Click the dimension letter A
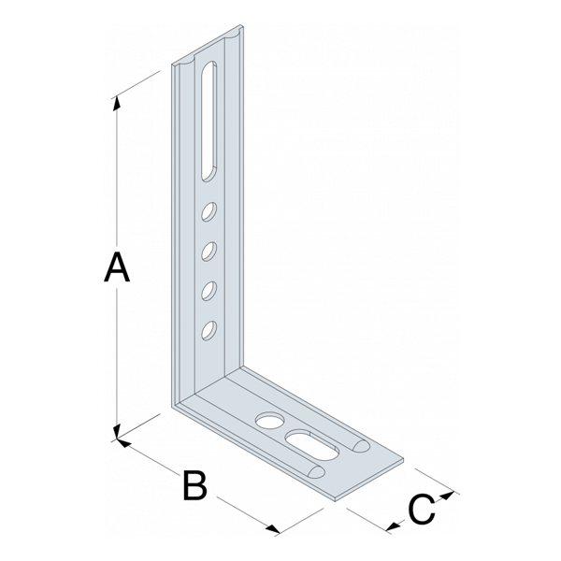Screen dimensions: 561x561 [x=117, y=266]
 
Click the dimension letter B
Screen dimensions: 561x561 [x=195, y=485]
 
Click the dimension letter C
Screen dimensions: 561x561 [x=422, y=510]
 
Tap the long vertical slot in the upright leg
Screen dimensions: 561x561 [x=209, y=121]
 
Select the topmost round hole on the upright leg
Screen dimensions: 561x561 [x=209, y=212]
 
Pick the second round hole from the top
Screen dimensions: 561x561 [x=209, y=252]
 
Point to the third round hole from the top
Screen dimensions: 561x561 [x=209, y=291]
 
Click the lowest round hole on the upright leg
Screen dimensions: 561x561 [x=209, y=330]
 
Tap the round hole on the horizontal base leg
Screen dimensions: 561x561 [x=270, y=421]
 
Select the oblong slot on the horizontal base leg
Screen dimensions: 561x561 [x=312, y=445]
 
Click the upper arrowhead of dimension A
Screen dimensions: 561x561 [x=117, y=104]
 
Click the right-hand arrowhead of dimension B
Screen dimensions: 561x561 [x=274, y=529]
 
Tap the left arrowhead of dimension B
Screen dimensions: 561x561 [x=123, y=443]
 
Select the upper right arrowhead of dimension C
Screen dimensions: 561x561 [x=447, y=496]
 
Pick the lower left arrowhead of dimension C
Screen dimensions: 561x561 [x=394, y=525]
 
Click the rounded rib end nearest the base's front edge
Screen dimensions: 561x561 [x=317, y=471]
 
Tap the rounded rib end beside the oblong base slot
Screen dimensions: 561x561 [x=361, y=445]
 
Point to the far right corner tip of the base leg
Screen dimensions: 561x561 [x=404, y=461]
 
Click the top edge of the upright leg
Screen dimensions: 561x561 [x=208, y=44]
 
